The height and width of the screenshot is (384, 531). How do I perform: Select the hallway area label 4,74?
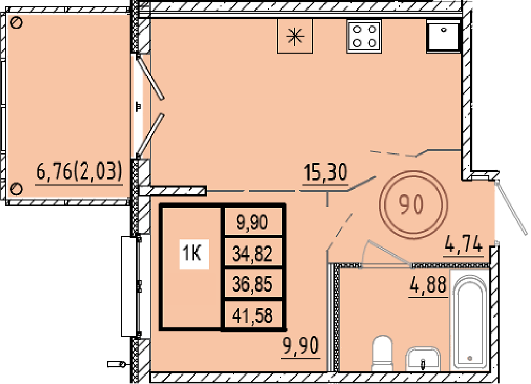(464, 244)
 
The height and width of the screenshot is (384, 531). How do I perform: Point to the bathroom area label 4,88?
(428, 284)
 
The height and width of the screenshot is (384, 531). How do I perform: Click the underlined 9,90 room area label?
(301, 345)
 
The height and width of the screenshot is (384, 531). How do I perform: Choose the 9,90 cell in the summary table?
(252, 222)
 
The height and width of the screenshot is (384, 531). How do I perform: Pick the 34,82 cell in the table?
(252, 254)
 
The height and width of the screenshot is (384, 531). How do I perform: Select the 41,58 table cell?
(252, 315)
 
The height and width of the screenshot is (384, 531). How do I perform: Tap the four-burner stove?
(364, 36)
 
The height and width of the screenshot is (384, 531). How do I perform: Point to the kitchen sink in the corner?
(443, 36)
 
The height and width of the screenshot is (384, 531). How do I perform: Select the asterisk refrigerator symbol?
(295, 36)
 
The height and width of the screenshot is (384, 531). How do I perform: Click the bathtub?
(469, 321)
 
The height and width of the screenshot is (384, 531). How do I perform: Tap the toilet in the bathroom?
(382, 353)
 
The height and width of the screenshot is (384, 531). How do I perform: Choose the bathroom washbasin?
(423, 359)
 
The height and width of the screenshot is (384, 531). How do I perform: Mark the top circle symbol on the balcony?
(16, 23)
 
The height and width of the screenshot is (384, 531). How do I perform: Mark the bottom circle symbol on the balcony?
(16, 189)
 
